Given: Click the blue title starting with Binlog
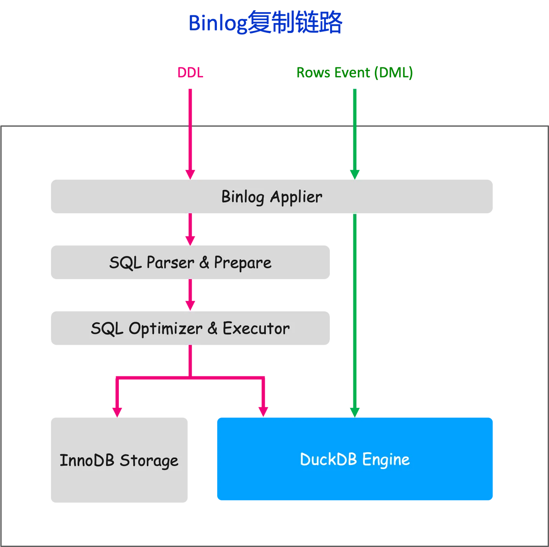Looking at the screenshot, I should coord(265,23).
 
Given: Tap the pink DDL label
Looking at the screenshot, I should coord(190,73).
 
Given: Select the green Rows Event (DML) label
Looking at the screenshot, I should coord(354,73).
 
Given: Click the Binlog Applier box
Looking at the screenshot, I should coord(273,197).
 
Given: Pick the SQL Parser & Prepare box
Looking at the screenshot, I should coord(191,263).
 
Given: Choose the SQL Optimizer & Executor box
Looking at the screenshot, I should coord(191,329).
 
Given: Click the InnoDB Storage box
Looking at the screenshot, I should coord(120,460).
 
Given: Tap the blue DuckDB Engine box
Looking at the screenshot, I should coord(355,459).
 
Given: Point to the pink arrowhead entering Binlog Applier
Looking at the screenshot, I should coord(190,173).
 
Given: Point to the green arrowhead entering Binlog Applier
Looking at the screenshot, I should coord(354,173).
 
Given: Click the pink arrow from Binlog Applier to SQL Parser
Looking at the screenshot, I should coord(190,229).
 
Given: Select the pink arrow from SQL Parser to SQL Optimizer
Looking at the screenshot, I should coord(190,295).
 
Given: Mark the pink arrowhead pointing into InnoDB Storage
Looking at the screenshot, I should coord(117,411).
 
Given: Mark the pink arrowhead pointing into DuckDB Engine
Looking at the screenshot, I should coord(263,411).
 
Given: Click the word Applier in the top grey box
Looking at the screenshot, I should coord(296,197).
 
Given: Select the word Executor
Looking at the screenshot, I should coord(256,329).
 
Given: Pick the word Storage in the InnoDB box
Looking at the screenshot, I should coord(149,460).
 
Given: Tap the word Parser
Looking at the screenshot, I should coord(170,263).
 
